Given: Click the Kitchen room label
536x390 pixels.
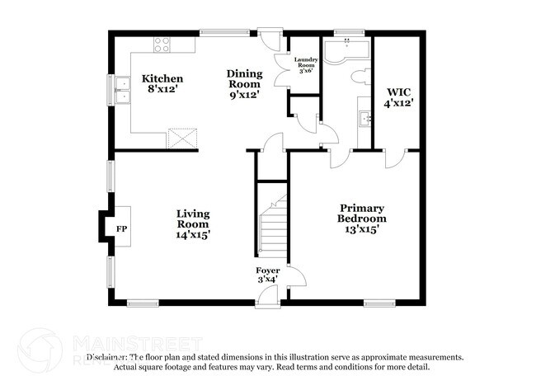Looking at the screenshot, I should (x=162, y=79).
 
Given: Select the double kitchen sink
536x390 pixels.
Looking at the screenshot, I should (x=123, y=91).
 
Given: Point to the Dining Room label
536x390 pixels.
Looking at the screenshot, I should (x=244, y=78).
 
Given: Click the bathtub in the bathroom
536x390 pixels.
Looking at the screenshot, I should (x=346, y=51).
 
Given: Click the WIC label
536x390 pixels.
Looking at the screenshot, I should (x=400, y=92).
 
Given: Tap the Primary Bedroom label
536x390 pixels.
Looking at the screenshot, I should (x=362, y=214).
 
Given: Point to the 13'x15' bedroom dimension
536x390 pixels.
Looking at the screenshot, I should (x=362, y=230).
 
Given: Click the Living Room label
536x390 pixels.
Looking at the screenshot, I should (x=193, y=218).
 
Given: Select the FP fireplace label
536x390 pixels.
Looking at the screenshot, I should (x=121, y=228).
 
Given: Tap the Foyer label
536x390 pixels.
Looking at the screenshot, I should (x=268, y=270).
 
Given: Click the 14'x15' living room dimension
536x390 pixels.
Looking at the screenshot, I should (x=193, y=235).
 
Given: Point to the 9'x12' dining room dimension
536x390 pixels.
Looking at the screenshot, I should (x=244, y=95).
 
